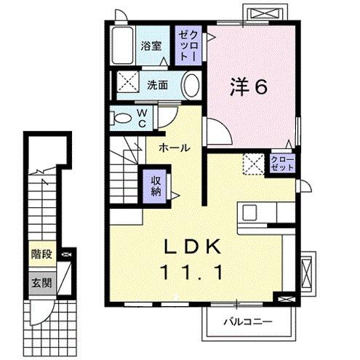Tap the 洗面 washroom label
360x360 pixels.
(158, 84)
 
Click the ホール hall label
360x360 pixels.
(175, 148)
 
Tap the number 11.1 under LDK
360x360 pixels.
(193, 272)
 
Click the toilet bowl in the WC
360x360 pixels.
(123, 118)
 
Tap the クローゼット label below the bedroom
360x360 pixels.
(283, 163)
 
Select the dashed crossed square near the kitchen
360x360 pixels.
(253, 164)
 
